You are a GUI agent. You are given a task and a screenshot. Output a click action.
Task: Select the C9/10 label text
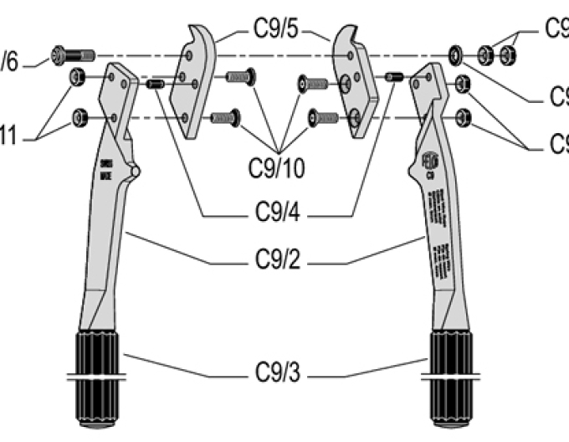point(275,167)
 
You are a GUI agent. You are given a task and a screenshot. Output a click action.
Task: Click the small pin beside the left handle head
point(155,84)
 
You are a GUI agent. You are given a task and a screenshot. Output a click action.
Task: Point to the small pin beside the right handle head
point(395,78)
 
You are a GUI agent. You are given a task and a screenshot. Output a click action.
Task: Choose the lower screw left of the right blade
point(324,116)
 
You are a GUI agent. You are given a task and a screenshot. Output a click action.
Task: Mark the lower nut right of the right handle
point(466,114)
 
